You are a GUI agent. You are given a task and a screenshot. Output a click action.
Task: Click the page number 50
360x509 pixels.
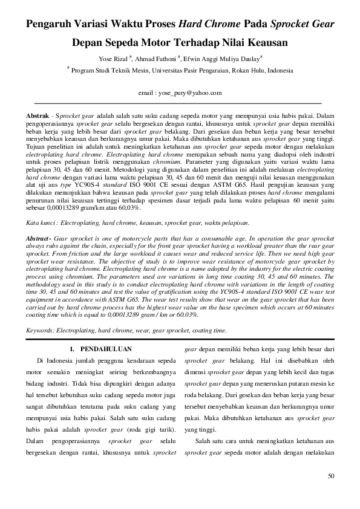(331, 476)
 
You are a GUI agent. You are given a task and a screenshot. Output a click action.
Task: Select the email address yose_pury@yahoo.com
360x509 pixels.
(189, 93)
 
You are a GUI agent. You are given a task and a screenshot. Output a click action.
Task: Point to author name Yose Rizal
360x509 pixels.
(112, 59)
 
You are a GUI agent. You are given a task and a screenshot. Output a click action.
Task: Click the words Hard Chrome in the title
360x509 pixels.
(209, 25)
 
